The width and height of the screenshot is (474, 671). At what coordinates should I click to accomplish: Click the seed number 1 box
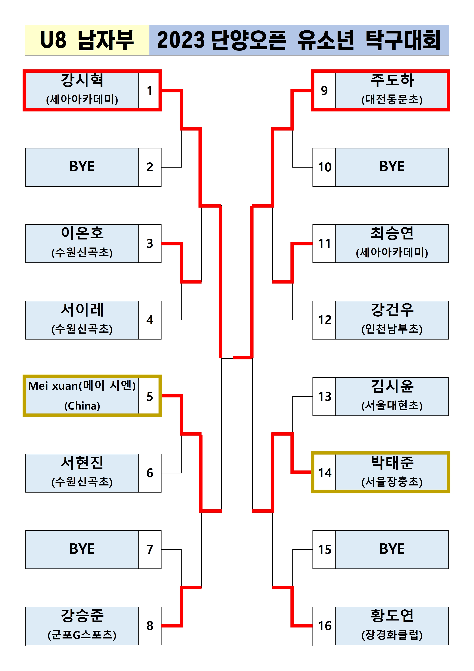coord(149,90)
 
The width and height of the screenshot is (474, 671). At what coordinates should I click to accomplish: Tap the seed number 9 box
coord(324,90)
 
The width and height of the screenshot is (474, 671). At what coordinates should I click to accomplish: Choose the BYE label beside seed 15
coord(392,549)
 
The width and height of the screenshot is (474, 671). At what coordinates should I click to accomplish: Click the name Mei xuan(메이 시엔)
coord(82,386)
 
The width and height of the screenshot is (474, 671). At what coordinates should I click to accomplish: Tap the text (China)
coord(82,406)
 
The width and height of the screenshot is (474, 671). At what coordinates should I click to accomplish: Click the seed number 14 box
coord(324,473)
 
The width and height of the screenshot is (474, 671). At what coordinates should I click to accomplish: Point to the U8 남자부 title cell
coord(87,40)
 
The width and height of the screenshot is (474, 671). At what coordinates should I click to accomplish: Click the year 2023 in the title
coord(181,40)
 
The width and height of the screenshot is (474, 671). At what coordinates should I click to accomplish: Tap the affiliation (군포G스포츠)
coord(82,635)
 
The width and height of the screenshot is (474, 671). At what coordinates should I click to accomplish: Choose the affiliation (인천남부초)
coord(392,329)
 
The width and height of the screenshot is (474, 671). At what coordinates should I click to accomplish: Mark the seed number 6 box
coord(149,473)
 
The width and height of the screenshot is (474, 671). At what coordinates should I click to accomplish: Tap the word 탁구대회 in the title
coord(403,40)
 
